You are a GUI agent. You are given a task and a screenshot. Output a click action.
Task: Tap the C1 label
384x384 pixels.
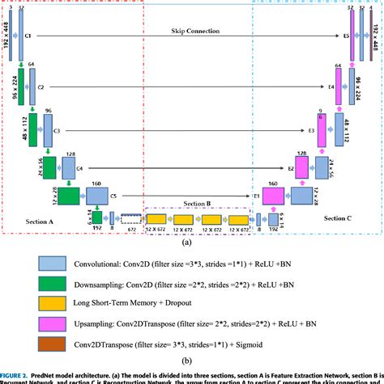point(28,37)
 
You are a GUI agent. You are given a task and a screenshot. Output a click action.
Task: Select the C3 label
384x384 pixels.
point(58,129)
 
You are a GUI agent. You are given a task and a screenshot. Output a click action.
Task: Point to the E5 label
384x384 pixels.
point(346,37)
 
